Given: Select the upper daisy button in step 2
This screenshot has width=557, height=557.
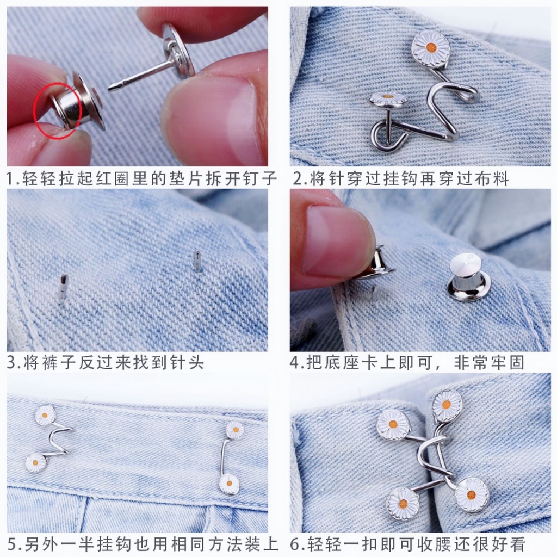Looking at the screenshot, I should tap(430, 48).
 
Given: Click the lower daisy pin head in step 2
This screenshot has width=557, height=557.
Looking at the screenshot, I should tap(388, 100).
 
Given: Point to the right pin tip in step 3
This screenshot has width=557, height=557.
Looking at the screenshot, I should tap(197, 261).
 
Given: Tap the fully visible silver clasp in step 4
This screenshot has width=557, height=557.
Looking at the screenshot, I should tap(467, 277).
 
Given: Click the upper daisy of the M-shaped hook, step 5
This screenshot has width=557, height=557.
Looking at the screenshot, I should tap(45, 415).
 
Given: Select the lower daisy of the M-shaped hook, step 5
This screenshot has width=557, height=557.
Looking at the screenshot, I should tap(36, 463).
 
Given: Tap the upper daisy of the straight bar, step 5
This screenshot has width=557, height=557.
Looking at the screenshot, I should tap(235, 430).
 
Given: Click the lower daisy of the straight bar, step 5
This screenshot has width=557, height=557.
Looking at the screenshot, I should tap(229, 483).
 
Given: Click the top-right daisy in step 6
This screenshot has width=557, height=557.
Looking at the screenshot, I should tap(447, 405).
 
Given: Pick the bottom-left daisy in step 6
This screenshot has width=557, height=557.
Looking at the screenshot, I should tap(403, 503).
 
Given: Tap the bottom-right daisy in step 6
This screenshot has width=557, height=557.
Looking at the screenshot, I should tap(472, 494).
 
